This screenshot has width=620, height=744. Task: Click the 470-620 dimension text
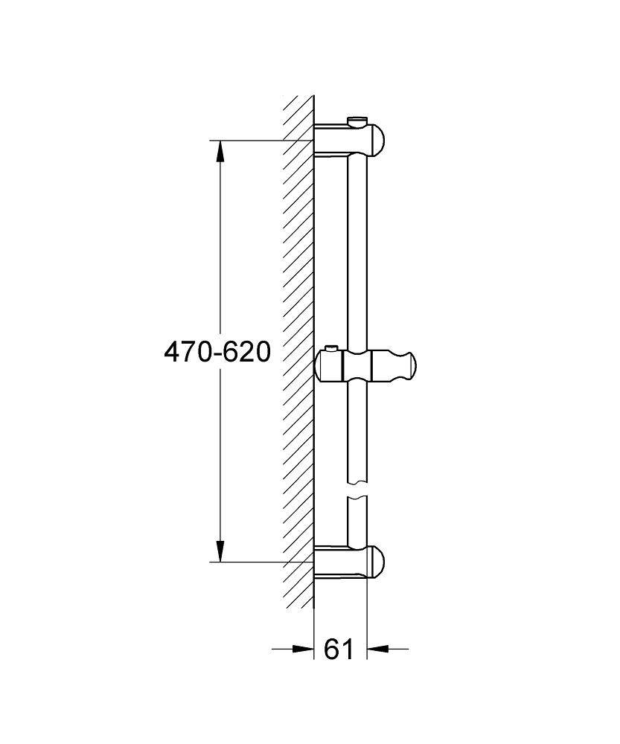pos(217,353)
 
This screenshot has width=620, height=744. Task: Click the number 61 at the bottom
pos(339,649)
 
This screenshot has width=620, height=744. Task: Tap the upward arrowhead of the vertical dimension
pos(220,151)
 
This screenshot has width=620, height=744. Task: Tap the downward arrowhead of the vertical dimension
pos(220,551)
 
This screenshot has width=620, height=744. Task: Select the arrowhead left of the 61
pos(303,648)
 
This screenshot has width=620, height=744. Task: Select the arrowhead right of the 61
pos(378,648)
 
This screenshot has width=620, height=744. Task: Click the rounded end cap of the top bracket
pos(378,141)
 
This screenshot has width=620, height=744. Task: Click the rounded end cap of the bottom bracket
pos(378,562)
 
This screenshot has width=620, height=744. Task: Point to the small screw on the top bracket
pos(357,121)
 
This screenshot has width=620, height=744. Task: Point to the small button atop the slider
pos(330,350)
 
